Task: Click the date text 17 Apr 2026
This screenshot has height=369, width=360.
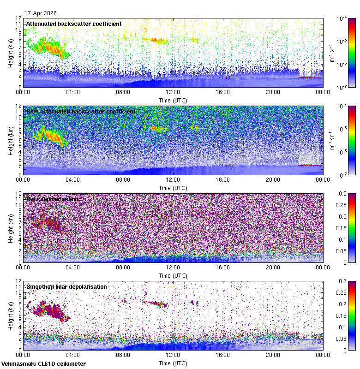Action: click(x=41, y=13)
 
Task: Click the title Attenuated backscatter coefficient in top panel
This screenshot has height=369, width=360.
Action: click(x=74, y=24)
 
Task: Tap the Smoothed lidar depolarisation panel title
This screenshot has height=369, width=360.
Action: click(x=66, y=286)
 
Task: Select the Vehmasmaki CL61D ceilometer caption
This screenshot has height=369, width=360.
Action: click(x=43, y=364)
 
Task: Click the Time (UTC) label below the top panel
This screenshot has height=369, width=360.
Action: click(x=173, y=100)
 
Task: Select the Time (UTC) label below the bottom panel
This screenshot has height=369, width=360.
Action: click(x=173, y=363)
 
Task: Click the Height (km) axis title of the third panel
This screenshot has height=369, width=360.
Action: click(x=11, y=228)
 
